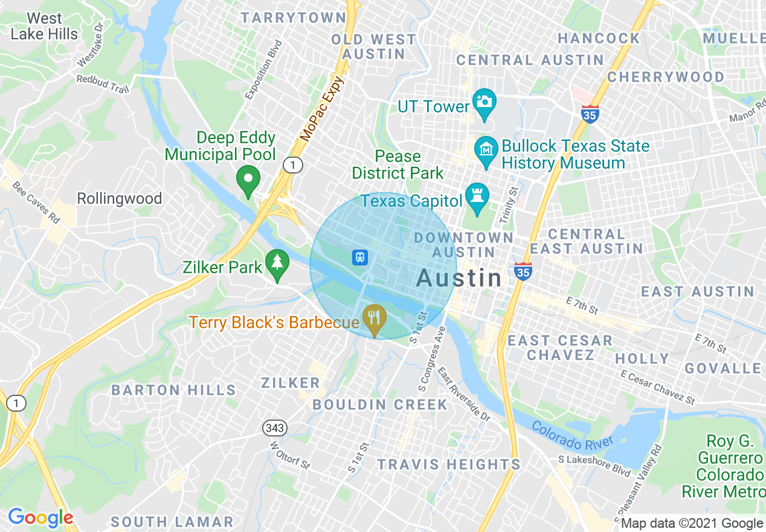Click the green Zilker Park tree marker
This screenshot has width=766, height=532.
pos(277,264)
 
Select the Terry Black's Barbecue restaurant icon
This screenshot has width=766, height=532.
pos(375,317)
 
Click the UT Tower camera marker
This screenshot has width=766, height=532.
pos(484,103)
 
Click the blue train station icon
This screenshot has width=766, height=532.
pos(360,258)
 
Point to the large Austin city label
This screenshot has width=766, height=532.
pos(459,278)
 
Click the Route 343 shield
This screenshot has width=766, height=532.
pos(274,428)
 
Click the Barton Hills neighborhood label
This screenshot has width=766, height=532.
pos(173,390)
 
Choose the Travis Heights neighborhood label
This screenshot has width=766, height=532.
pos(448,464)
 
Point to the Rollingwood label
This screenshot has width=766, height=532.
pos(120,198)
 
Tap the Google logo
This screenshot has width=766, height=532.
pos(40,517)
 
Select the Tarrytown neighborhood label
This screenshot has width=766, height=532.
pos(294,18)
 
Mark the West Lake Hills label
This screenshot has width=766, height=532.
pos(44,27)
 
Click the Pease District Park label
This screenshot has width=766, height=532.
pos(397,164)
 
